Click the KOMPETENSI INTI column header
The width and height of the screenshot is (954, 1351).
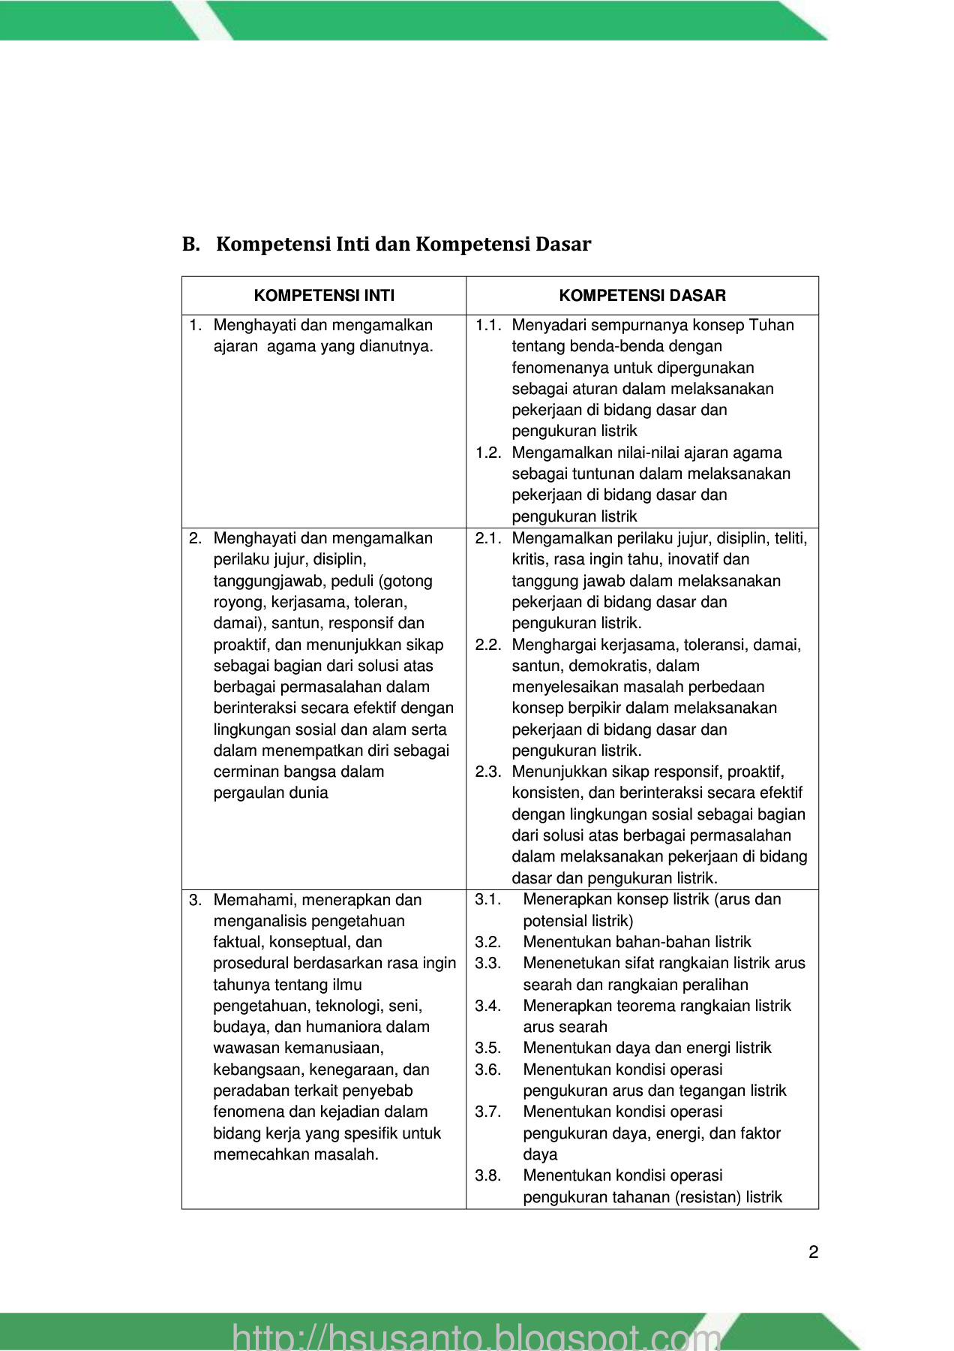[x=324, y=296]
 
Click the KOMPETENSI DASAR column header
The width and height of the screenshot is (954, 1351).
[x=642, y=296]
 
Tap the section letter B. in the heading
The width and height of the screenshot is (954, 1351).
[x=190, y=245]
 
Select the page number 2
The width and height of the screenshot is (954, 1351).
[x=814, y=1252]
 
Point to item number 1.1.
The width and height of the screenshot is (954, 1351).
[x=488, y=326]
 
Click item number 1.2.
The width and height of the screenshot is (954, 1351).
[x=488, y=453]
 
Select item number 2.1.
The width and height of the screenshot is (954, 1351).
[x=488, y=539]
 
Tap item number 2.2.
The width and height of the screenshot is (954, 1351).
[x=488, y=645]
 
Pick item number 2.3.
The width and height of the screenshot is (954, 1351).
[x=488, y=772]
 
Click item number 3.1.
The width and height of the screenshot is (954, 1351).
[x=488, y=900]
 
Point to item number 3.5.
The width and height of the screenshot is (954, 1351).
[x=488, y=1049]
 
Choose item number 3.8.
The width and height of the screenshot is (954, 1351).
[x=488, y=1176]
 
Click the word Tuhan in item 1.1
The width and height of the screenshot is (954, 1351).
[x=772, y=326]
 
